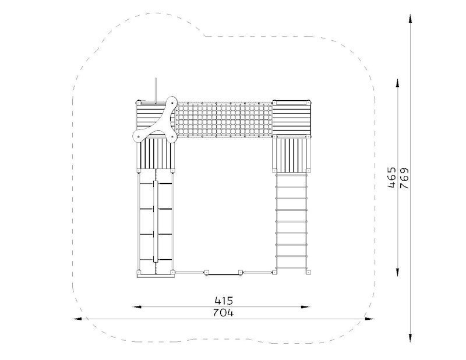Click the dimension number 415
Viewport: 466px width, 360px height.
(x=224, y=301)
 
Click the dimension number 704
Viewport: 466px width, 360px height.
(x=224, y=313)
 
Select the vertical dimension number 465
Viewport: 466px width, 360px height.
(x=392, y=178)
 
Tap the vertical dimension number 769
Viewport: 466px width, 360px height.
(x=404, y=178)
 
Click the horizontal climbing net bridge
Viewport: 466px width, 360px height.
(x=224, y=120)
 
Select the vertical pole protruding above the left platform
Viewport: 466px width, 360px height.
(x=155, y=91)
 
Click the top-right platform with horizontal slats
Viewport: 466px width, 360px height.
(x=292, y=118)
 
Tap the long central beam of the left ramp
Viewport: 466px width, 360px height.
(x=156, y=221)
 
